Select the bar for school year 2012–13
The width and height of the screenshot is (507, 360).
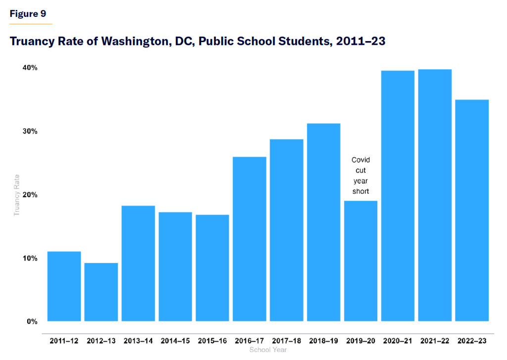coord(101,292)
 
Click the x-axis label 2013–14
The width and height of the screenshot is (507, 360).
coord(138,341)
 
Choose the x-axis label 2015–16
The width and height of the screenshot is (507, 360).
coord(212,341)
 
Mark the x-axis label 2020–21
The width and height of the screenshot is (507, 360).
coord(398,341)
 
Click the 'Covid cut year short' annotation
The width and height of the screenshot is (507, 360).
coord(360,176)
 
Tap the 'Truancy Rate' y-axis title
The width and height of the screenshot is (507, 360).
coord(17,195)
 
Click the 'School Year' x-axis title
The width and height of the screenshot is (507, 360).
coord(268,350)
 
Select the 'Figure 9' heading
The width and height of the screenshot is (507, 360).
coord(31,14)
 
